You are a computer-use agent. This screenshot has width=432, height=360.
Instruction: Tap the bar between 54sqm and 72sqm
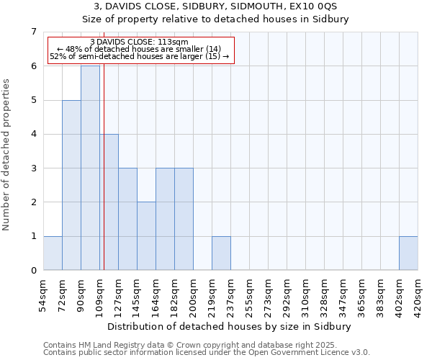coord(53,253)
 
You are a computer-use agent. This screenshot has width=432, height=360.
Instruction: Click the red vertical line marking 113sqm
coord(104,180)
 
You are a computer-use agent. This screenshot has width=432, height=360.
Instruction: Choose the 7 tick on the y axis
coord(33,32)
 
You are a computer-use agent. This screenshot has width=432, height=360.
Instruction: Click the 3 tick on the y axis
coord(33,168)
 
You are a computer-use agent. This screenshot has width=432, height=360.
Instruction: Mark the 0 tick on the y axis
coord(33,271)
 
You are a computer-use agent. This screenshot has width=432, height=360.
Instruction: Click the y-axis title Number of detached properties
coord(7,155)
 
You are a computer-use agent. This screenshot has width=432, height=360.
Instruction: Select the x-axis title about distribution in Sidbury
coord(230,326)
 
